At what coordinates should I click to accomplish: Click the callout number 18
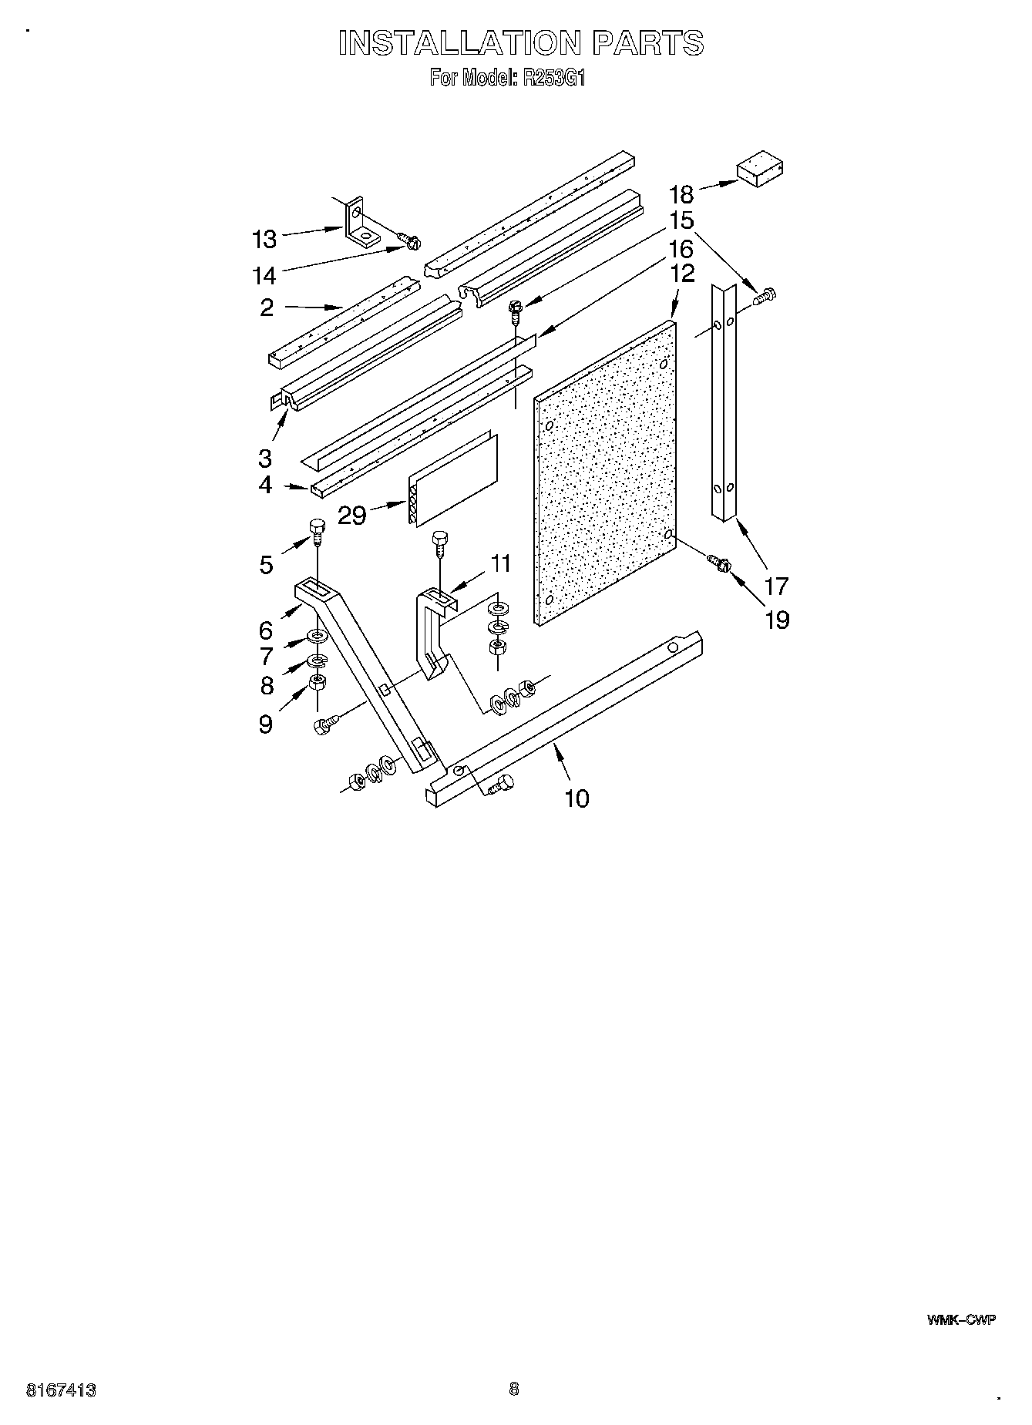pos(681,193)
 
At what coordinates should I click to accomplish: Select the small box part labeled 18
pos(759,170)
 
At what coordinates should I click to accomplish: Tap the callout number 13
pos(264,240)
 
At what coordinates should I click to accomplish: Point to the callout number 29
pos(352,515)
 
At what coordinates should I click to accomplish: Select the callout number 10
pos(577,798)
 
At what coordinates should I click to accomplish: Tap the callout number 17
pos(776,586)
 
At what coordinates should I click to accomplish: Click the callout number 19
pos(777,619)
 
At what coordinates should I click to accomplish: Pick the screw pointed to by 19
pos(716,564)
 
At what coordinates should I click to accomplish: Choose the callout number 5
pos(266,565)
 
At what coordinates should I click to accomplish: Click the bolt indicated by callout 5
pos(317,529)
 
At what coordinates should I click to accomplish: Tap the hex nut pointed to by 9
pos(317,682)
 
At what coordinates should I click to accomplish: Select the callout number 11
pos(501,563)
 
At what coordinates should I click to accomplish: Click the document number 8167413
pos(61,1390)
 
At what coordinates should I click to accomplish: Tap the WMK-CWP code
pos(961,1319)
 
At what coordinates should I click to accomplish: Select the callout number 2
pos(267,308)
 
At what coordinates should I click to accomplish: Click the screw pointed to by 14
pos(408,242)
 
